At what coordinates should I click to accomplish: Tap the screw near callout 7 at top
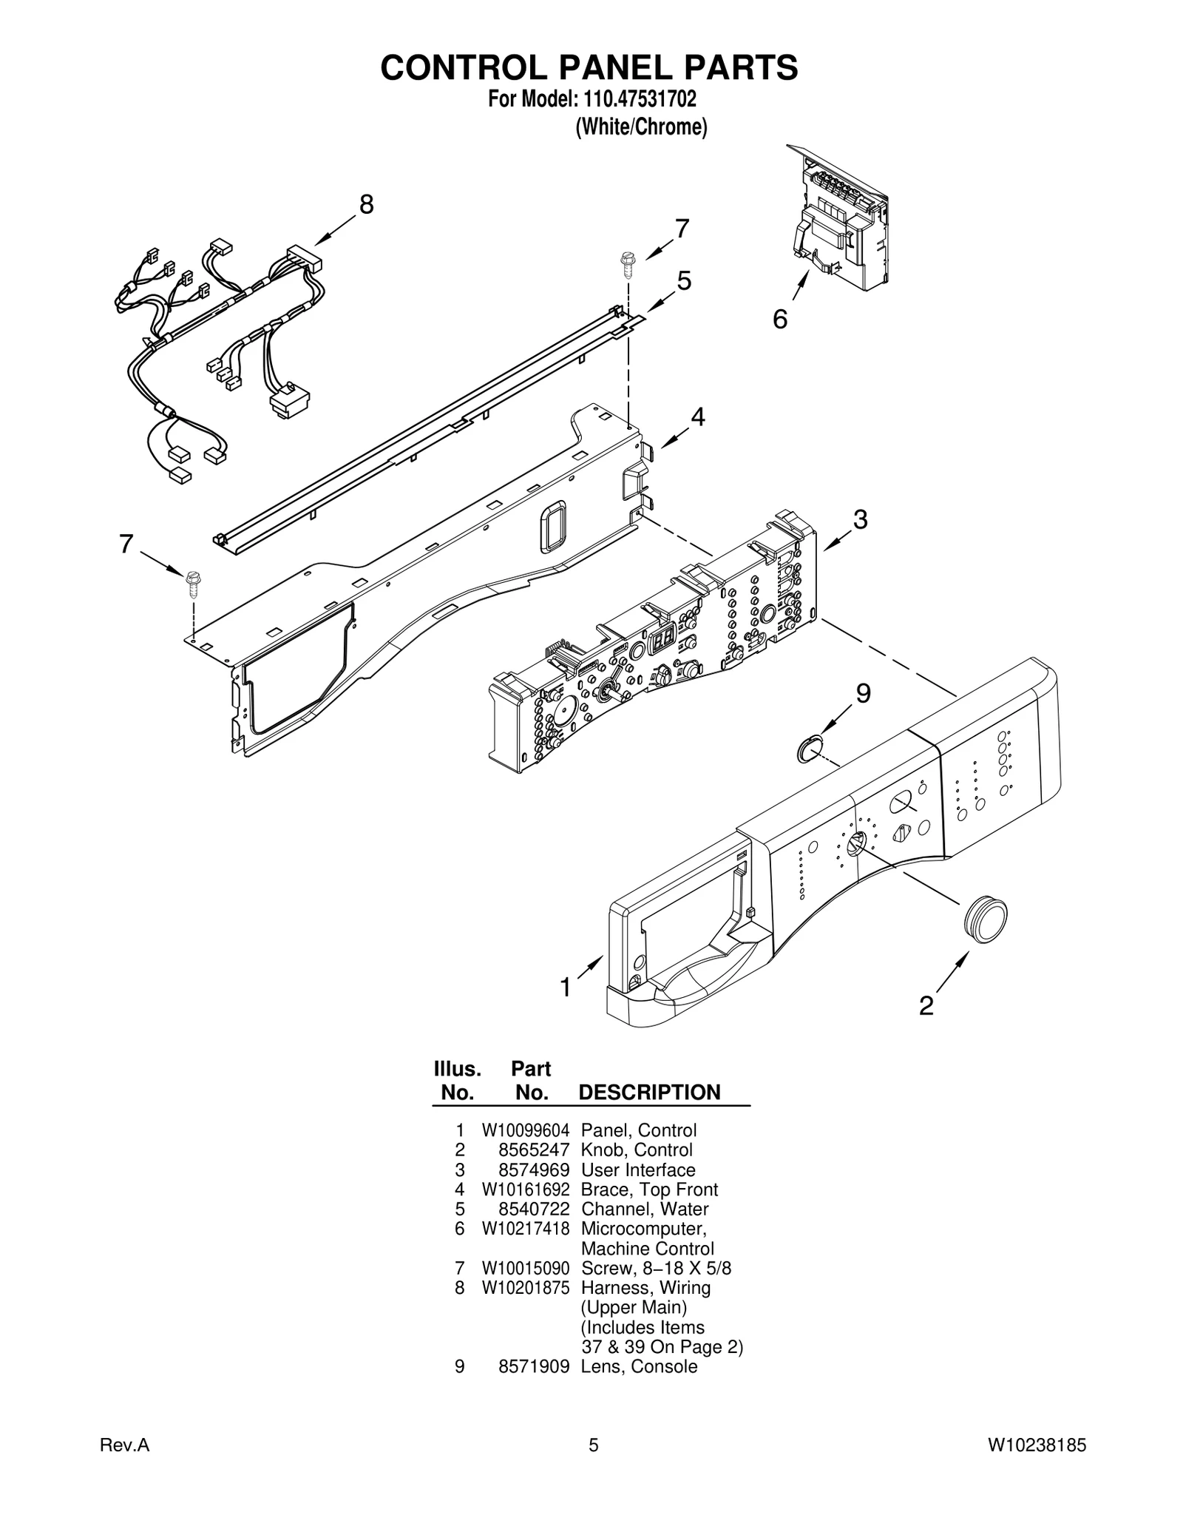(627, 263)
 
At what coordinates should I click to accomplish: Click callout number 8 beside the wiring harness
(366, 204)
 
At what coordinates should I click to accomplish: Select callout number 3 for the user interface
(860, 519)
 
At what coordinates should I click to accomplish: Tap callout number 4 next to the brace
(697, 417)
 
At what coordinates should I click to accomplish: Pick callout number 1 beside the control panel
(566, 987)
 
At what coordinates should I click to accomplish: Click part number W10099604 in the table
(526, 1130)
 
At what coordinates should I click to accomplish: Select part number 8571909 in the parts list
(533, 1366)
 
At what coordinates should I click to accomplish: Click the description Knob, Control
(637, 1150)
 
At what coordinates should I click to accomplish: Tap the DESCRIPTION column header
(649, 1093)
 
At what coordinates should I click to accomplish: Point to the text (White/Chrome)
(641, 127)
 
